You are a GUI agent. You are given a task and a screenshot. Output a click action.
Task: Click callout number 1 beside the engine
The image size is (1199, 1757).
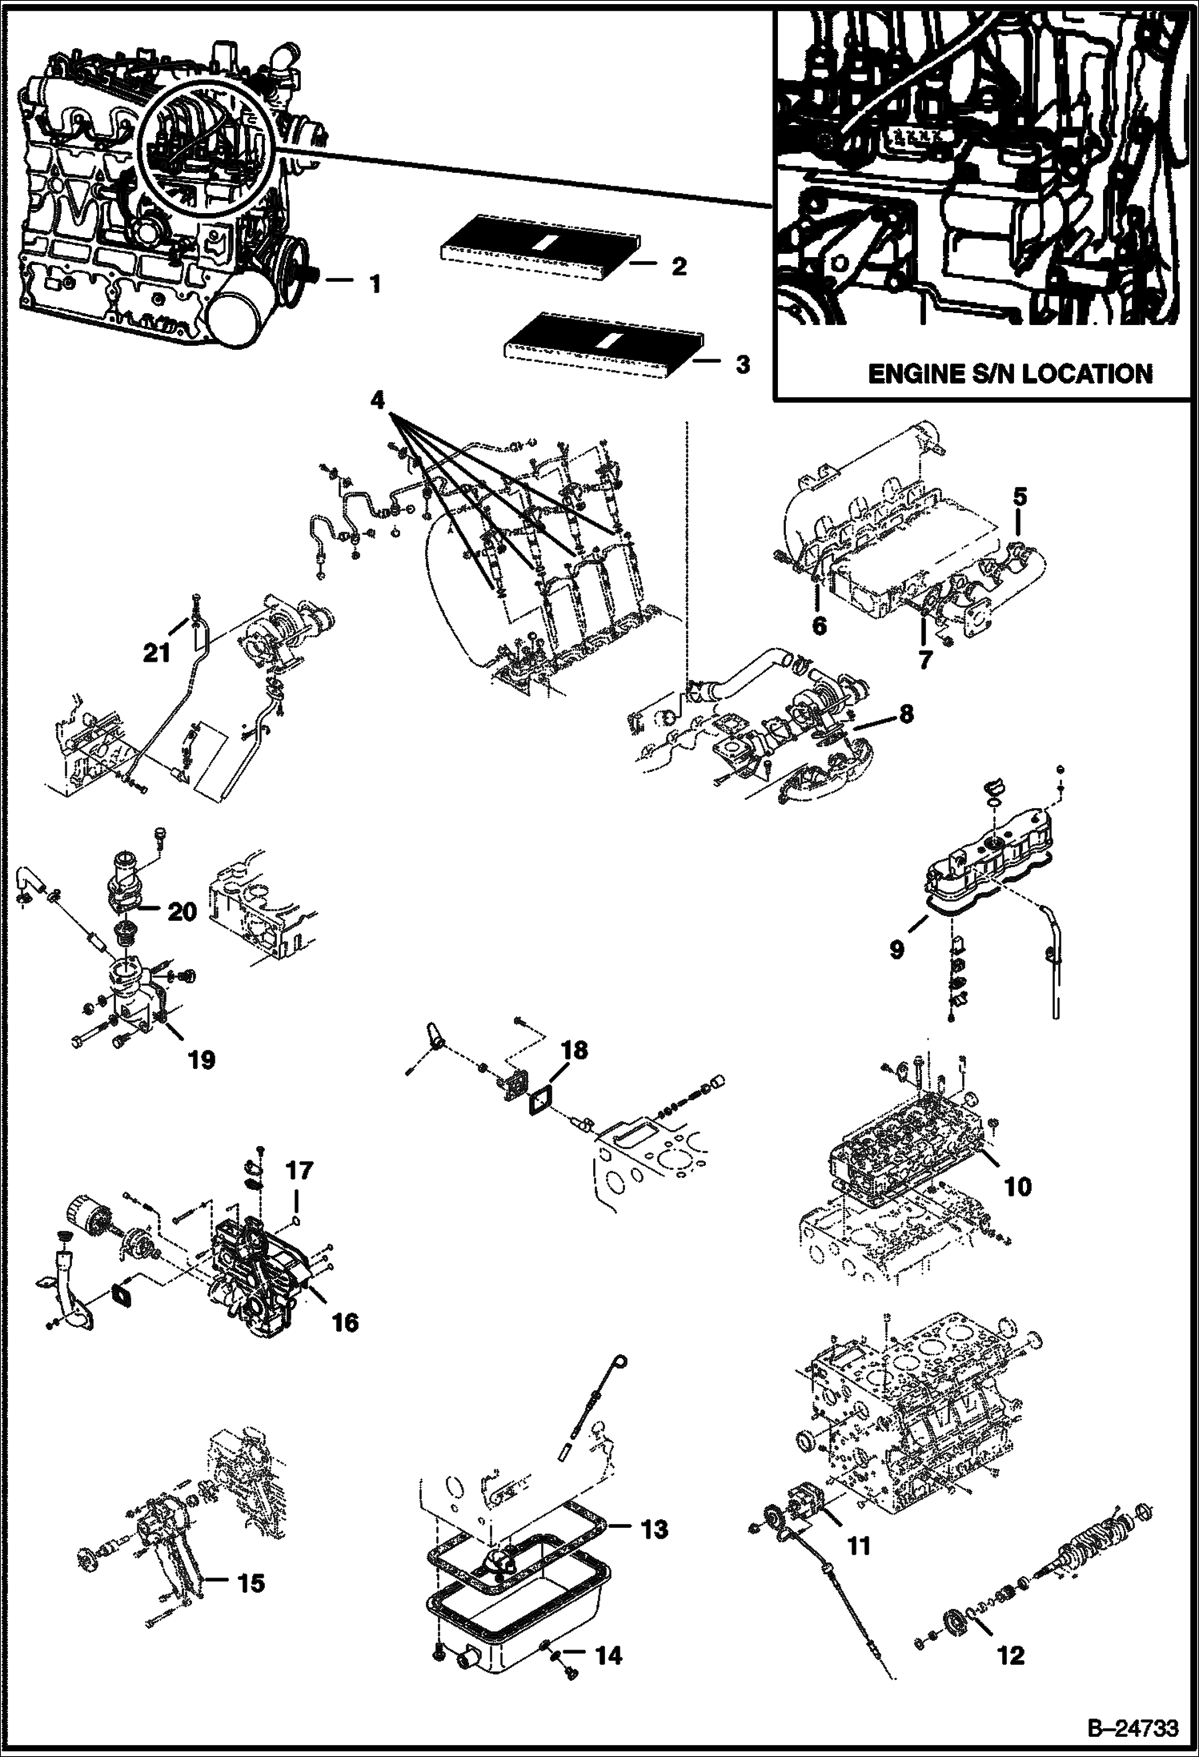click(x=374, y=283)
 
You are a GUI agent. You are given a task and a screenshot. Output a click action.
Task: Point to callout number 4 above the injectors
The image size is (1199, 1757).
click(x=379, y=399)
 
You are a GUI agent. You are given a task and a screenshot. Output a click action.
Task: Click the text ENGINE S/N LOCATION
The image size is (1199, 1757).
click(x=1010, y=374)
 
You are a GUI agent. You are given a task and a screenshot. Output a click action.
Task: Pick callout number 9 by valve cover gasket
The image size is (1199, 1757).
click(x=896, y=950)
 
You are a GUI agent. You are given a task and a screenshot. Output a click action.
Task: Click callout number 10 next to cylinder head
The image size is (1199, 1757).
click(x=1017, y=1186)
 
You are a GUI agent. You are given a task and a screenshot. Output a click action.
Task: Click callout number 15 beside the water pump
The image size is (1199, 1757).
click(x=251, y=1583)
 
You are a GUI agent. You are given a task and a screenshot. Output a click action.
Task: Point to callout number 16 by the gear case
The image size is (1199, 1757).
click(x=345, y=1322)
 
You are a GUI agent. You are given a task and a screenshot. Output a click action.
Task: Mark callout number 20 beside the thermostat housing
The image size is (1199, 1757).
click(x=182, y=912)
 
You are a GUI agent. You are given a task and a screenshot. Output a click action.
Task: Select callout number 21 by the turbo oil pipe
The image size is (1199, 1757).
click(x=157, y=653)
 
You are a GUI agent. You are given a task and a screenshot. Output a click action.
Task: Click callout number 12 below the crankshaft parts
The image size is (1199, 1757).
click(x=1012, y=1655)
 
